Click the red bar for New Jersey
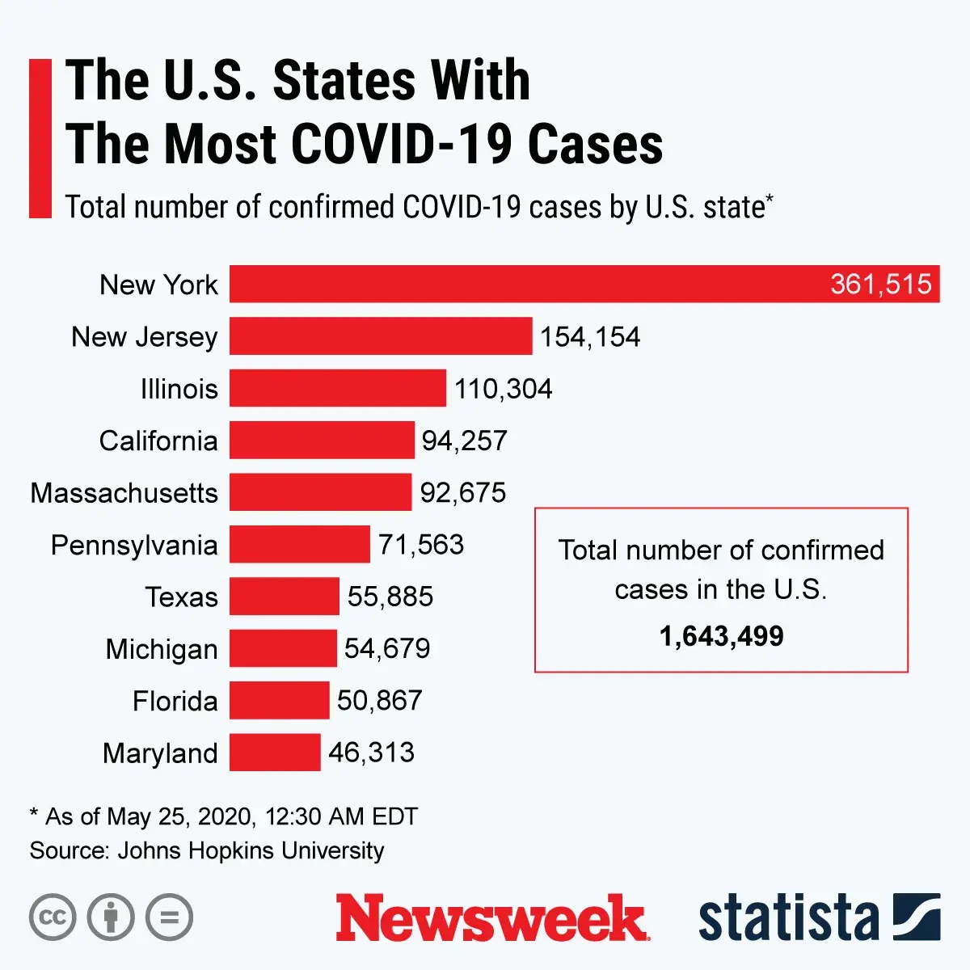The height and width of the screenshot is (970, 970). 381,336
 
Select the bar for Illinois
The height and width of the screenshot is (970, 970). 338,388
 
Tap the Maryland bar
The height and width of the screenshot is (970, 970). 275,752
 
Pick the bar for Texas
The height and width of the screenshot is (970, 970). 285,597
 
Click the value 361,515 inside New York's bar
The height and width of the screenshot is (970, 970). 880,285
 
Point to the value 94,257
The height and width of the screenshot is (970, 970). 464,441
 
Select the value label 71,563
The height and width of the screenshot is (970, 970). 421,545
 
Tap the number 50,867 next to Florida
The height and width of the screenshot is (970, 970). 379,700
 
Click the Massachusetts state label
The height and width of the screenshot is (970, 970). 124,493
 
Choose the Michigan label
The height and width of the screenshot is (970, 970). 162,649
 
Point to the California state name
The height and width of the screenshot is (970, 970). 158,441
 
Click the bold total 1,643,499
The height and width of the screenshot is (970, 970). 721,637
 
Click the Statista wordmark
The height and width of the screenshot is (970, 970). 789,918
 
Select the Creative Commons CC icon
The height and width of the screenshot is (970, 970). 53,917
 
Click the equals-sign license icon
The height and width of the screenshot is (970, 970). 170,917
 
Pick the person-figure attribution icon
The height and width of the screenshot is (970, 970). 111,917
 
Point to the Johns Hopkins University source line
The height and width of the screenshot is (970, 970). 207,850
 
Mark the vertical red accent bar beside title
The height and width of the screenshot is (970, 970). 40,138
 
